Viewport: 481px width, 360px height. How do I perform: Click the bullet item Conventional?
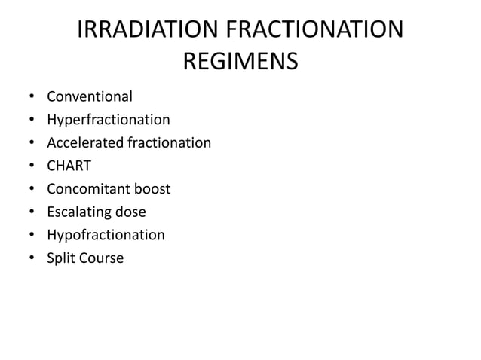click(90, 96)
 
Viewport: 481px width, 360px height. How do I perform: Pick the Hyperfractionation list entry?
click(109, 120)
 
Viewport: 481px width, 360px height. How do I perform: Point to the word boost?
click(152, 189)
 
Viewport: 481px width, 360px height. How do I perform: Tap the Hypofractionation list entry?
click(106, 235)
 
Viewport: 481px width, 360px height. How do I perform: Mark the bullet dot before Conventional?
click(31, 97)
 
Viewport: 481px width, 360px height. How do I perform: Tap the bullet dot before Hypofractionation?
click(31, 236)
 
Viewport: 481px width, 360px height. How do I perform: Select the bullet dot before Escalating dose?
click(31, 212)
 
